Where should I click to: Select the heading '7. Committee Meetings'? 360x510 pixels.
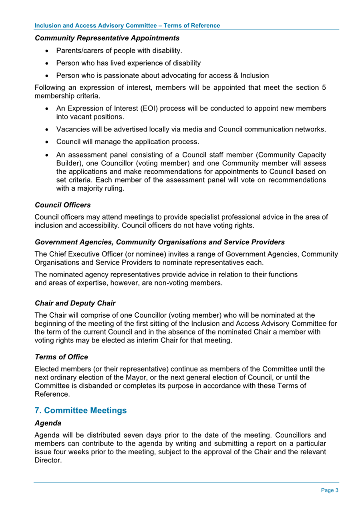(81, 410)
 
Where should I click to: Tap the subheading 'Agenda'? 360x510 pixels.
(46, 422)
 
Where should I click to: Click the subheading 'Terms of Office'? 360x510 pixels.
(61, 357)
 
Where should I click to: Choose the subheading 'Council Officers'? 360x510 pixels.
(62, 205)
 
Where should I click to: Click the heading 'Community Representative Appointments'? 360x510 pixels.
(107, 38)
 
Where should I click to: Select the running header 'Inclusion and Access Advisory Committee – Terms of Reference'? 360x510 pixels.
(127, 25)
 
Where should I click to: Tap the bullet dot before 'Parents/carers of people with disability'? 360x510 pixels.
(48, 51)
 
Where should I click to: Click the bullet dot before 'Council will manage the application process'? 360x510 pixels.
(48, 142)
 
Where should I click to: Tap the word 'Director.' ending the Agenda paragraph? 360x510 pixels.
(48, 460)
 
